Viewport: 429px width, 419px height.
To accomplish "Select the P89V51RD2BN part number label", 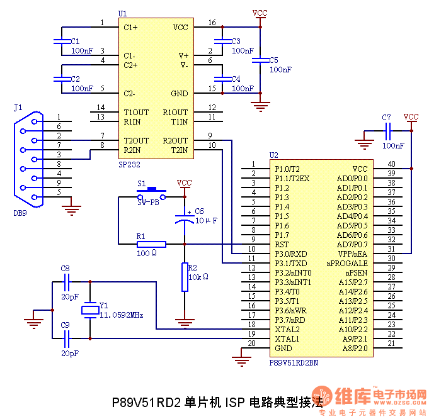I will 294,362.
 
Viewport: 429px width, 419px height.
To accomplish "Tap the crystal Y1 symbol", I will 90,309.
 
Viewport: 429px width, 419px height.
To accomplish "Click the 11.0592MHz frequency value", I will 122,314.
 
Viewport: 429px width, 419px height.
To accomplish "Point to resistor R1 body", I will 151,244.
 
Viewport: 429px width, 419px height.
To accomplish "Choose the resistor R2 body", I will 185,277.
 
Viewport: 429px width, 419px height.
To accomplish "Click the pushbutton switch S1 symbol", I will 151,191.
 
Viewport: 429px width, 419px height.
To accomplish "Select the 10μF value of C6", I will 206,221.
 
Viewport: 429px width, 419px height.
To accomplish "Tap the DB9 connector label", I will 20,213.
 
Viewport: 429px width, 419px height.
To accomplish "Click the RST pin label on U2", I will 282,244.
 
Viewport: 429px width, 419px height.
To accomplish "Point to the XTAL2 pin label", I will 287,329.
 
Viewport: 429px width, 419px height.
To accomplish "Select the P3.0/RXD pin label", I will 291,254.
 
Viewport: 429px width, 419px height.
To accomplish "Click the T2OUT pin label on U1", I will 136,140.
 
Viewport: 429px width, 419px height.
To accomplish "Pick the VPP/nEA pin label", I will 352,254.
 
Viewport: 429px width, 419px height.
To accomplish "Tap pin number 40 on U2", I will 391,165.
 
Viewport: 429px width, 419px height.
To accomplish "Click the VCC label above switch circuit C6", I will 184,183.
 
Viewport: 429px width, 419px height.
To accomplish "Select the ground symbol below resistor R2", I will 184,323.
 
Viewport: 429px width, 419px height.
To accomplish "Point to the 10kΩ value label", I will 198,276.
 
